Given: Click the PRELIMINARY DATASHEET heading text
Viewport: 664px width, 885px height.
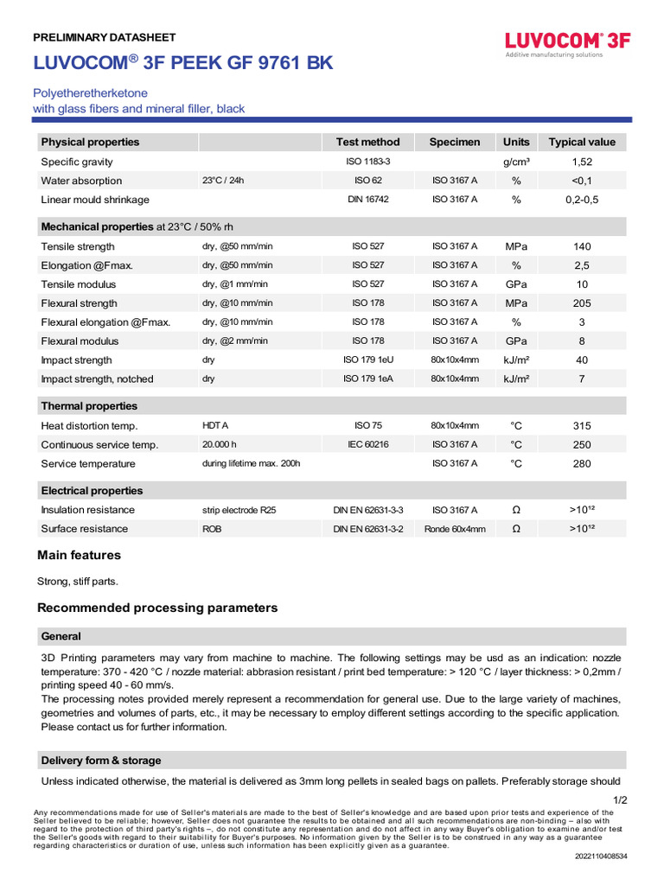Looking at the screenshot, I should point(104,37).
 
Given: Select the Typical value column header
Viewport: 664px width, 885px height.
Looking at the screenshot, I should point(582,142).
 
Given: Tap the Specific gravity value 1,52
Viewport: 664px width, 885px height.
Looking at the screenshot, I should point(582,162).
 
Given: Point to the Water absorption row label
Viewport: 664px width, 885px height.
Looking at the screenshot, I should point(81,181).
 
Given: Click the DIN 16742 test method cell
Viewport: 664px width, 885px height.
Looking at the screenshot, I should point(367,200).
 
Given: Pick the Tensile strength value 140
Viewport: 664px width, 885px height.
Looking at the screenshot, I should point(582,246).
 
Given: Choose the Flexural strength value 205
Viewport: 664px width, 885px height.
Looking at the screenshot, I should point(582,303).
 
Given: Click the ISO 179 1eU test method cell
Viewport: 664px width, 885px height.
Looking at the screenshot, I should point(367,360).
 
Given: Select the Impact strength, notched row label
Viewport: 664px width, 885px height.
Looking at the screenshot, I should point(97,379).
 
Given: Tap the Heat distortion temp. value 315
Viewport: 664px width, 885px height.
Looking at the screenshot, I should point(582,426).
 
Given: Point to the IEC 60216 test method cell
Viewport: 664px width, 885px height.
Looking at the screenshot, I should point(367,444).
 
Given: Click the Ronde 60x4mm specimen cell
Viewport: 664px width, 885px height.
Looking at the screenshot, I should point(455,529).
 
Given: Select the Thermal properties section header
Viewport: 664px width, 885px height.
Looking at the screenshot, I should point(89,406).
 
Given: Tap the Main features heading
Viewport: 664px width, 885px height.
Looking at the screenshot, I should point(79,555).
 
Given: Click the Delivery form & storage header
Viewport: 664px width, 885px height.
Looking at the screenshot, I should point(100,761).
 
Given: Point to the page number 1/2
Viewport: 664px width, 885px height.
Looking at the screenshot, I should point(620,800).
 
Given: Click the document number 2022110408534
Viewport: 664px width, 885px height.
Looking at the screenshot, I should point(601,856).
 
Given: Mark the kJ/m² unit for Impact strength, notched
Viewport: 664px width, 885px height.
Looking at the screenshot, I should point(516,379).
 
